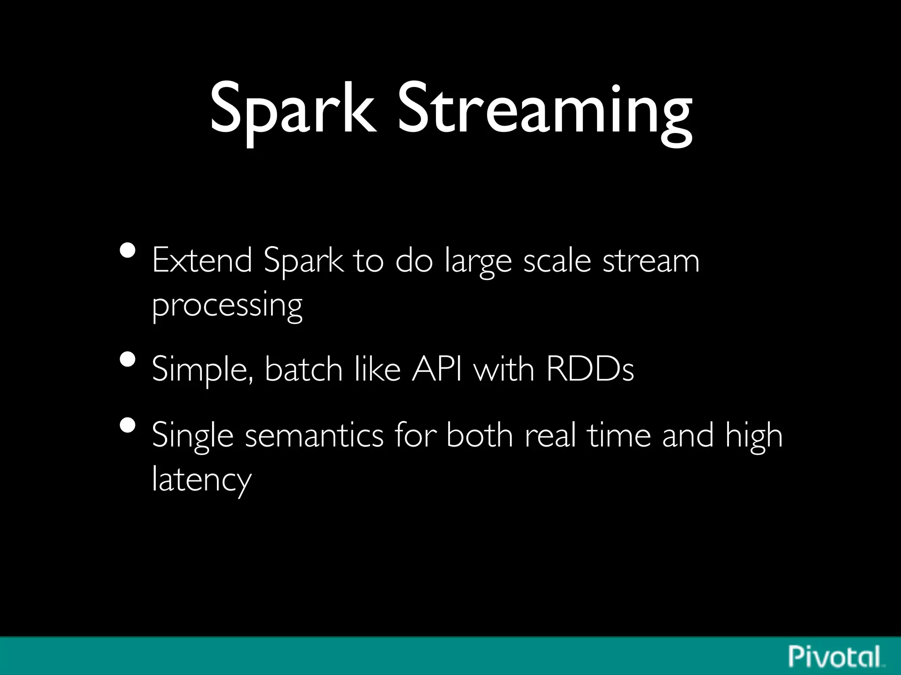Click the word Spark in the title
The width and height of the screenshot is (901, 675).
(293, 110)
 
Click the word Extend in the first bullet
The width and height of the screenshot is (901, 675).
(202, 260)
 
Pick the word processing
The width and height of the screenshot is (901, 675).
(227, 305)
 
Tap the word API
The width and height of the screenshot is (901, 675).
(437, 369)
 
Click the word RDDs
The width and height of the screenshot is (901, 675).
(590, 369)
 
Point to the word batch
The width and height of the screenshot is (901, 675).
(303, 369)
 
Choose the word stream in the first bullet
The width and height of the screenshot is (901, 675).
(651, 260)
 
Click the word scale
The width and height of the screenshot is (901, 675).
(557, 260)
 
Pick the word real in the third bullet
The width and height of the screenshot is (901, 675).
(550, 435)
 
